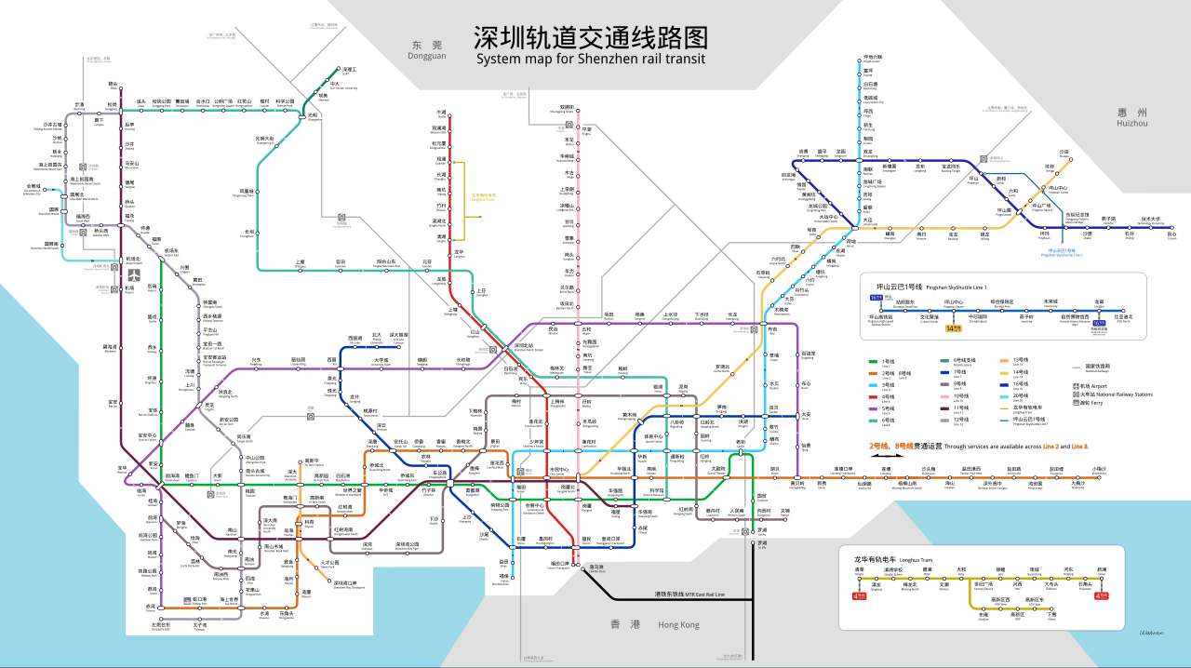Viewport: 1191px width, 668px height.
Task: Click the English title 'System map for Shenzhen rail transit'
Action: (591, 59)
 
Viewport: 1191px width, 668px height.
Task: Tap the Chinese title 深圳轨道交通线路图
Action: (591, 37)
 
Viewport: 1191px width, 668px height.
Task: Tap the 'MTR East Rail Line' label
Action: (689, 594)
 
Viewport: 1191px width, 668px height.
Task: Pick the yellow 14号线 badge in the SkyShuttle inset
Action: (955, 327)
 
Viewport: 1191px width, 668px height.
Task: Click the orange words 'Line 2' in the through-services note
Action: (1051, 446)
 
